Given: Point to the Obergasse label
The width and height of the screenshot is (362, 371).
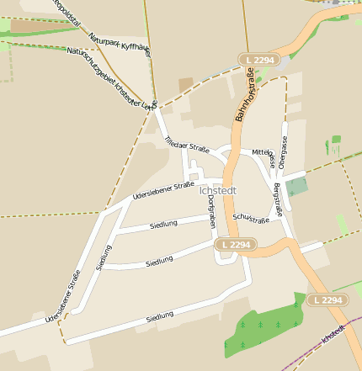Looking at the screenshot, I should [285, 156].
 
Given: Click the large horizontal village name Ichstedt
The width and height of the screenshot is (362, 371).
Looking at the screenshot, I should [217, 190].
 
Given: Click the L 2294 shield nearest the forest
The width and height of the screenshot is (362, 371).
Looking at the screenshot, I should [325, 299].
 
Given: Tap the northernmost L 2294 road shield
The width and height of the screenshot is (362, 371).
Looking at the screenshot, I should [258, 60].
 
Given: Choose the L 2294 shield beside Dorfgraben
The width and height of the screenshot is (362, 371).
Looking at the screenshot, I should [235, 244].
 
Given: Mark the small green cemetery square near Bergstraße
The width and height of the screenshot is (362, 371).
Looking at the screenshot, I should [296, 187].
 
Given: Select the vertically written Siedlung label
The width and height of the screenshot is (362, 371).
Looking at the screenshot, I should [104, 257].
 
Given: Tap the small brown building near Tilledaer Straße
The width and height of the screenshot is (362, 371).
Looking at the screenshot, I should [185, 84].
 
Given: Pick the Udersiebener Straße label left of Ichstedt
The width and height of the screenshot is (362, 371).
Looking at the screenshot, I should [163, 192].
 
